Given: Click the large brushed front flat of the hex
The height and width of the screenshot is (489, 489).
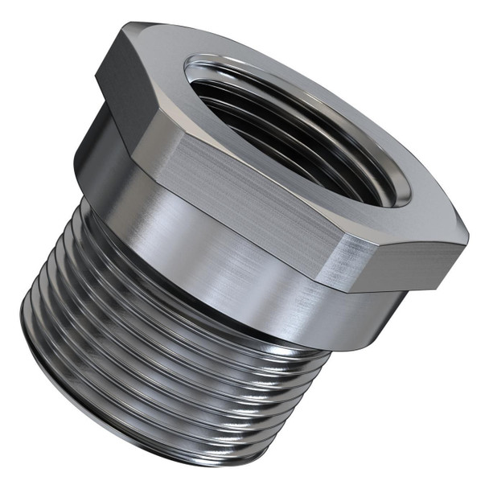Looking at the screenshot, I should click(233, 201).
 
